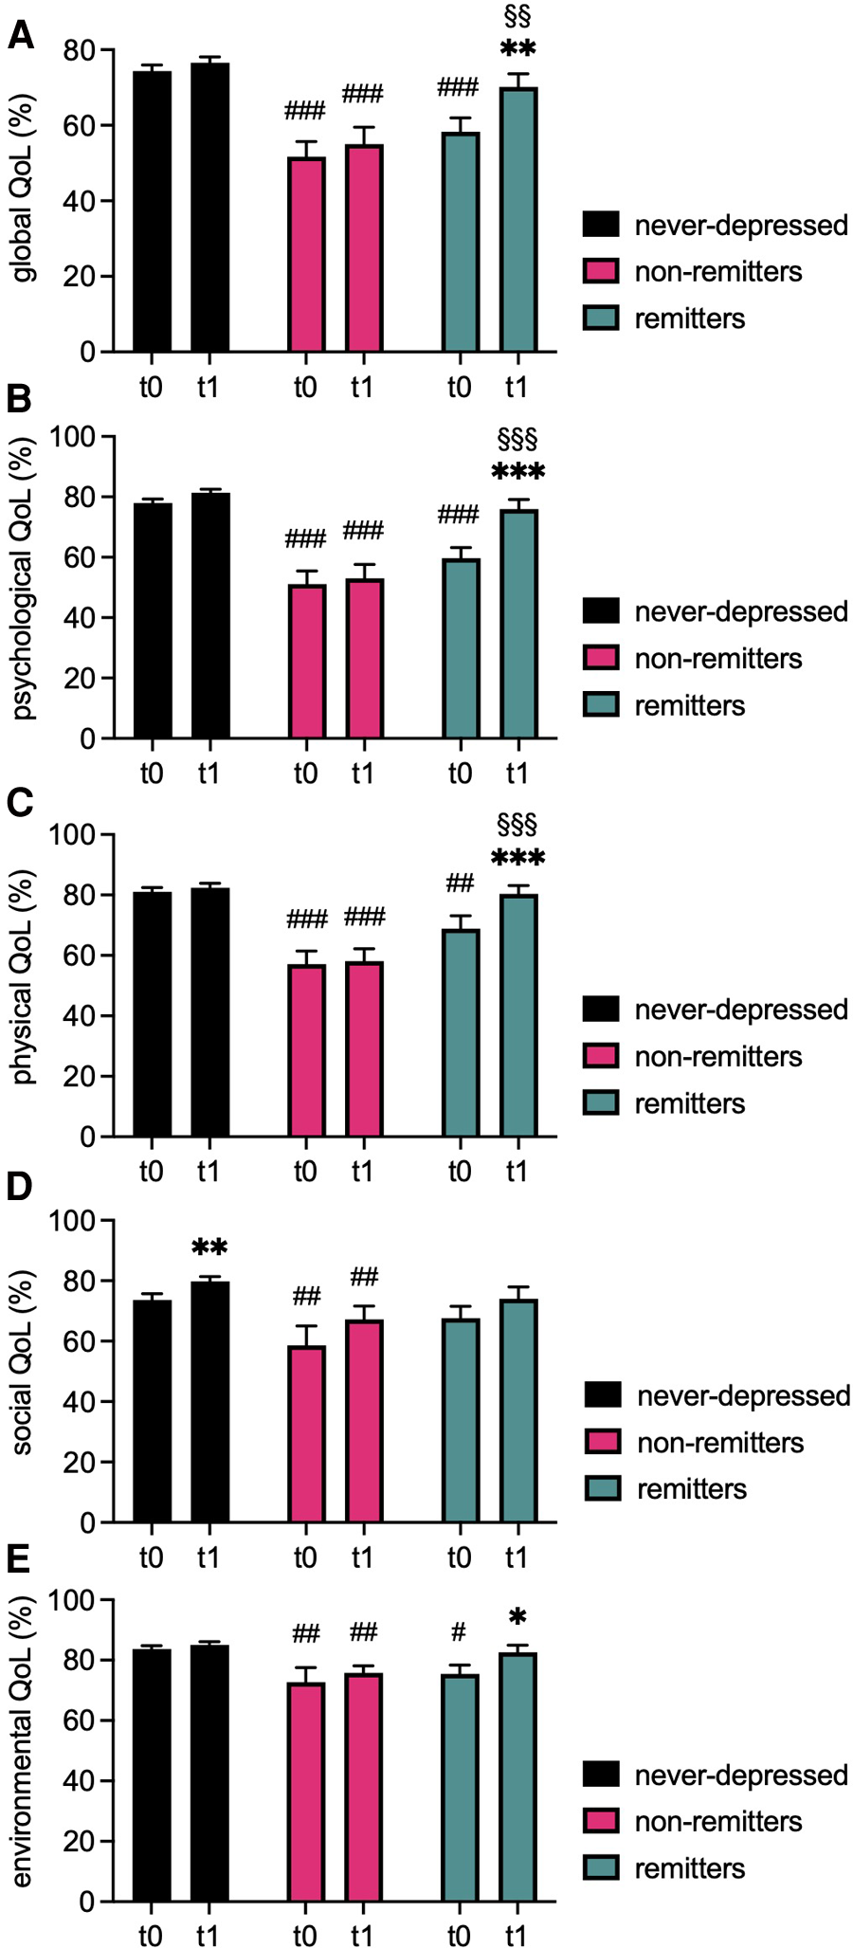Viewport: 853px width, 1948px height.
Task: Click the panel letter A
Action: [x=20, y=36]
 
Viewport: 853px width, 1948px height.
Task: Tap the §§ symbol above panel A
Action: [x=517, y=16]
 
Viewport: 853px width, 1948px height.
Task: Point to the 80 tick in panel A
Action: [x=80, y=50]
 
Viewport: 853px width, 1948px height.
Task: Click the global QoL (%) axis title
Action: [x=23, y=189]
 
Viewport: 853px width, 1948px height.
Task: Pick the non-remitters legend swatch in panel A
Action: [x=601, y=271]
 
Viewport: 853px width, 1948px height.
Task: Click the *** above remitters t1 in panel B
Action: [x=517, y=472]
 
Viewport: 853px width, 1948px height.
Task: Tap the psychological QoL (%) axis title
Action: [x=23, y=578]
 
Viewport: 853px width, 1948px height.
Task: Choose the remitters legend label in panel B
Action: [x=689, y=705]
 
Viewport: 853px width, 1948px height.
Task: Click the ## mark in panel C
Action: [x=460, y=883]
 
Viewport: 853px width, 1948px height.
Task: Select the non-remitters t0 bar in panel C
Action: [x=306, y=1050]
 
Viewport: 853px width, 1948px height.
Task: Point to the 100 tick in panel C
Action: [x=72, y=835]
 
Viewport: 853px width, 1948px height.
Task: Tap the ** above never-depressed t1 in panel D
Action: [x=209, y=1247]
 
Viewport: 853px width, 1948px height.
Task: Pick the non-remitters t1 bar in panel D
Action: [x=364, y=1421]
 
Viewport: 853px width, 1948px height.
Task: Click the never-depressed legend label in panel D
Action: [x=743, y=1395]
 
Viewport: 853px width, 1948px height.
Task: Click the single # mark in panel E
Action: [x=459, y=1632]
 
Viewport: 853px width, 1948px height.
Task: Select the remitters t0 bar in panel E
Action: [x=460, y=1788]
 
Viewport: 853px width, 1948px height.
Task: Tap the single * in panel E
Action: [x=517, y=1617]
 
